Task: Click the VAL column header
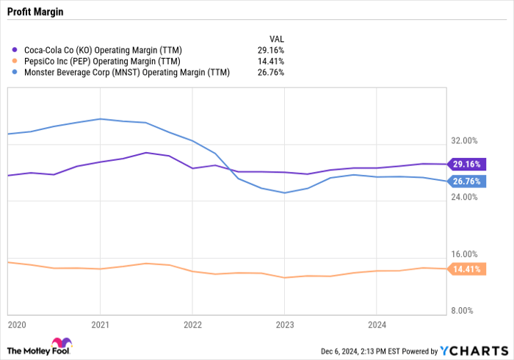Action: click(276, 37)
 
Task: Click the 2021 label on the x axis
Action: click(101, 323)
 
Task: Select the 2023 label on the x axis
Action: click(284, 323)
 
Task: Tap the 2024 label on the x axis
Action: click(376, 323)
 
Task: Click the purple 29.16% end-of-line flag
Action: click(466, 165)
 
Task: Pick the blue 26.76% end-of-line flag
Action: click(466, 181)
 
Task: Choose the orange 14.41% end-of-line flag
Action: click(466, 270)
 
